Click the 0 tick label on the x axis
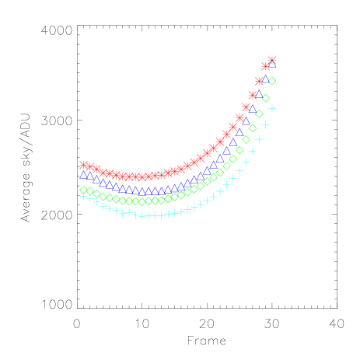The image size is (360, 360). pyautogui.click(x=76, y=323)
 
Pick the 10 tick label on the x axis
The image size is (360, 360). pyautogui.click(x=142, y=323)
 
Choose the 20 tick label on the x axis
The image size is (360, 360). pyautogui.click(x=207, y=323)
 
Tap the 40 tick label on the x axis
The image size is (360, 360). pyautogui.click(x=337, y=323)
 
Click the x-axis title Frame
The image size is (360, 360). pyautogui.click(x=206, y=341)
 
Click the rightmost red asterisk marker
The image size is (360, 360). pyautogui.click(x=272, y=60)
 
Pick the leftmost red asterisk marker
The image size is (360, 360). pyautogui.click(x=83, y=165)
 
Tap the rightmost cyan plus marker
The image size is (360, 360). pyautogui.click(x=272, y=108)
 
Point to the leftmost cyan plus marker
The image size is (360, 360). pyautogui.click(x=83, y=197)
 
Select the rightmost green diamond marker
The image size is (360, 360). pyautogui.click(x=272, y=81)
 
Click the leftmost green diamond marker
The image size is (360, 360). pyautogui.click(x=83, y=190)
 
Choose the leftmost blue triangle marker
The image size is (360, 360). pyautogui.click(x=83, y=174)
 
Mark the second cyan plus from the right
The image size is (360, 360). pyautogui.click(x=265, y=124)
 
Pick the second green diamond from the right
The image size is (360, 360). pyautogui.click(x=265, y=98)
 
